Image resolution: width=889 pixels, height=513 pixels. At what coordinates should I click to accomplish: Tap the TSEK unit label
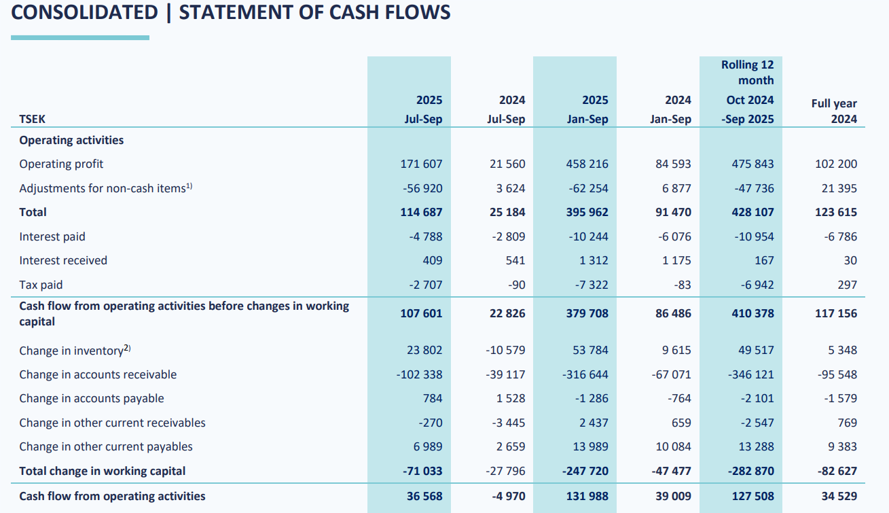pos(33,120)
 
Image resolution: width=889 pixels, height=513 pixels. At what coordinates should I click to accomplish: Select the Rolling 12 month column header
pos(747,72)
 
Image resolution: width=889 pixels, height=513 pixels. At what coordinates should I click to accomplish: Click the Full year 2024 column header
pos(834,111)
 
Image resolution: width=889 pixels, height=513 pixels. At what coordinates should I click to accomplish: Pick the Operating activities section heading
pos(71,140)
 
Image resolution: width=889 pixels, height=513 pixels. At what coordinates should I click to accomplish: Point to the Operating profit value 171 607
pos(421,164)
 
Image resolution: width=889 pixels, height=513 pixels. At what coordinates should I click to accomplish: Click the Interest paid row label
pos(52,236)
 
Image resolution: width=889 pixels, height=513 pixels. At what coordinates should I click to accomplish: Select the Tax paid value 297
pos(847,285)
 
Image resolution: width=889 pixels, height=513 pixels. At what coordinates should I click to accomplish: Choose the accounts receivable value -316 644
pos(587,374)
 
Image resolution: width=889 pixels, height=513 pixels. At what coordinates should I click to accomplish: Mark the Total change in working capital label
pos(102,471)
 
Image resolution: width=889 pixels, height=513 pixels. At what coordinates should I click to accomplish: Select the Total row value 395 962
pos(587,212)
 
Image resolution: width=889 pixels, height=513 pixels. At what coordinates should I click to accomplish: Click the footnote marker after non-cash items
pos(189,185)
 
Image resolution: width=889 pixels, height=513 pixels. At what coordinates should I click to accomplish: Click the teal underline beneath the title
pos(80,38)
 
